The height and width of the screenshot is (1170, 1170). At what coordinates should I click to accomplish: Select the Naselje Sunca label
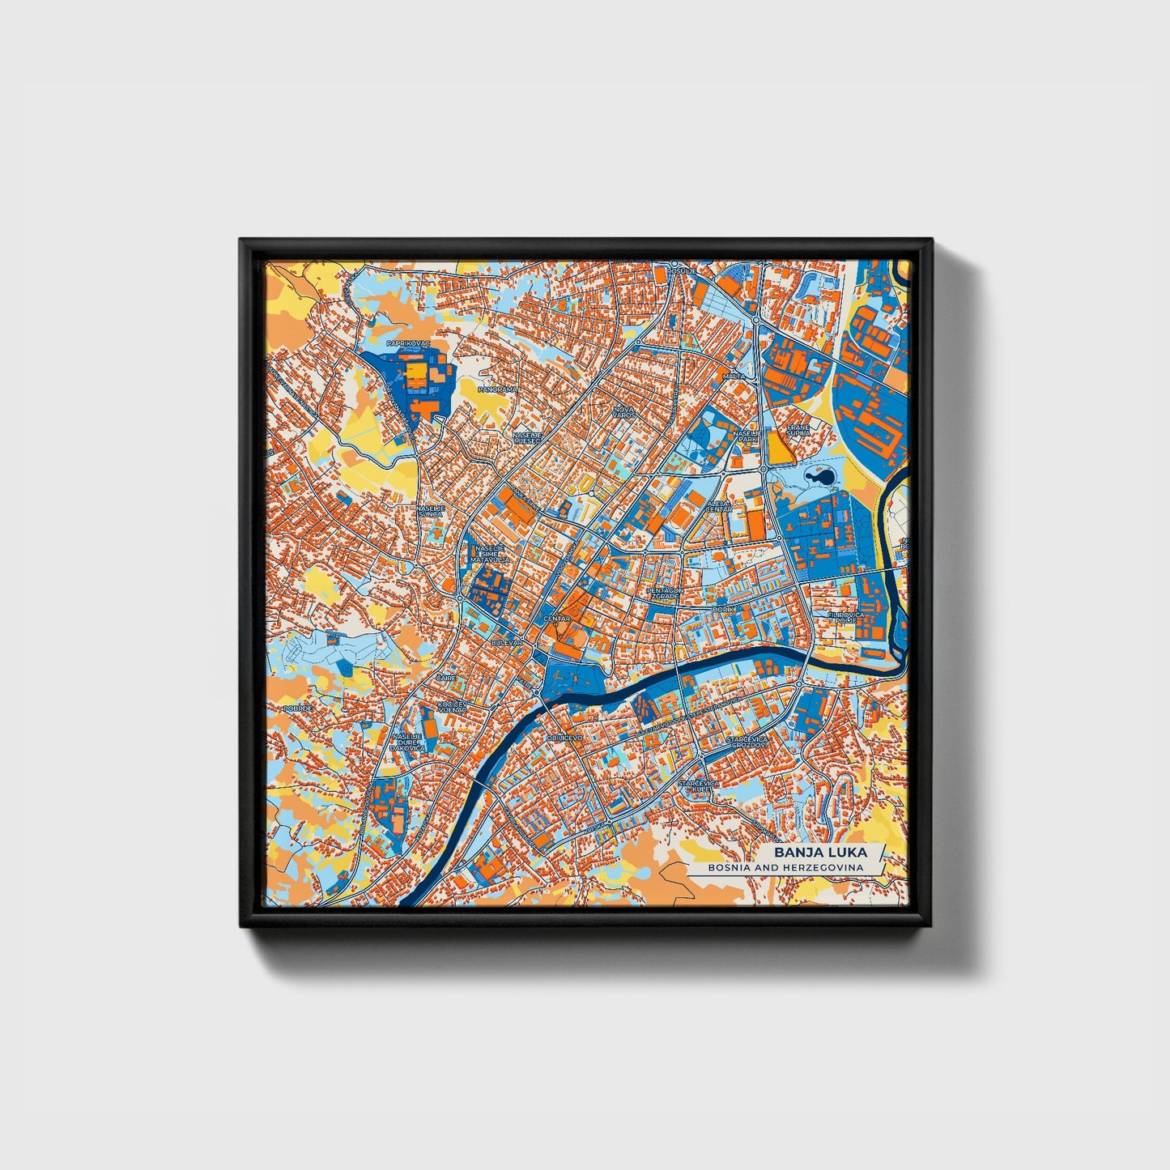[x=430, y=512]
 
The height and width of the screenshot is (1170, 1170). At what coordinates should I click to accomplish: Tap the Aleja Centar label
[x=718, y=506]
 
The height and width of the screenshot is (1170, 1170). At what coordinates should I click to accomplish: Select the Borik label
[x=722, y=608]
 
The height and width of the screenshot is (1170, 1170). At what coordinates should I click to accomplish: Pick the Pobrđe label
[x=297, y=708]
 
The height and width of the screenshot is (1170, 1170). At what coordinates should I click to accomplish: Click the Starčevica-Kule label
[x=695, y=786]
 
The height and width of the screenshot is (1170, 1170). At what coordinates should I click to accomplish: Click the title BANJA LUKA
[x=819, y=853]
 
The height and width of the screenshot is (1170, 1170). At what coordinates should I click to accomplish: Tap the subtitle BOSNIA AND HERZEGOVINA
[x=784, y=867]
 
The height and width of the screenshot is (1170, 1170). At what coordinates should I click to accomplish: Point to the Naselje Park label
[x=744, y=436]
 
